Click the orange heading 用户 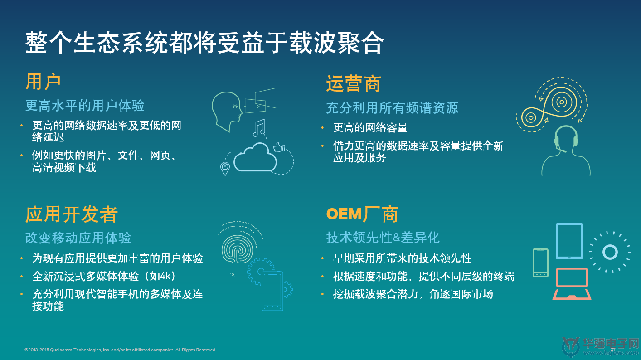[43, 82]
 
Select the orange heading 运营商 [354, 84]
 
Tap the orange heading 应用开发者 [72, 214]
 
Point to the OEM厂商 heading [362, 214]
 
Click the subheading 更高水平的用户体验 [85, 106]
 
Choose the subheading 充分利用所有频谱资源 [392, 108]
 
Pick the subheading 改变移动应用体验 [78, 238]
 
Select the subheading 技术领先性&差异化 [383, 238]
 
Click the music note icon [259, 128]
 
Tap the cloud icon [255, 157]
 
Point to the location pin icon [225, 169]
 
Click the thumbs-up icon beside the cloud [279, 147]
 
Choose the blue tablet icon [569, 241]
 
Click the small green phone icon [540, 263]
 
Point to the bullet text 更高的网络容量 [370, 127]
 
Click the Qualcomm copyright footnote [120, 350]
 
